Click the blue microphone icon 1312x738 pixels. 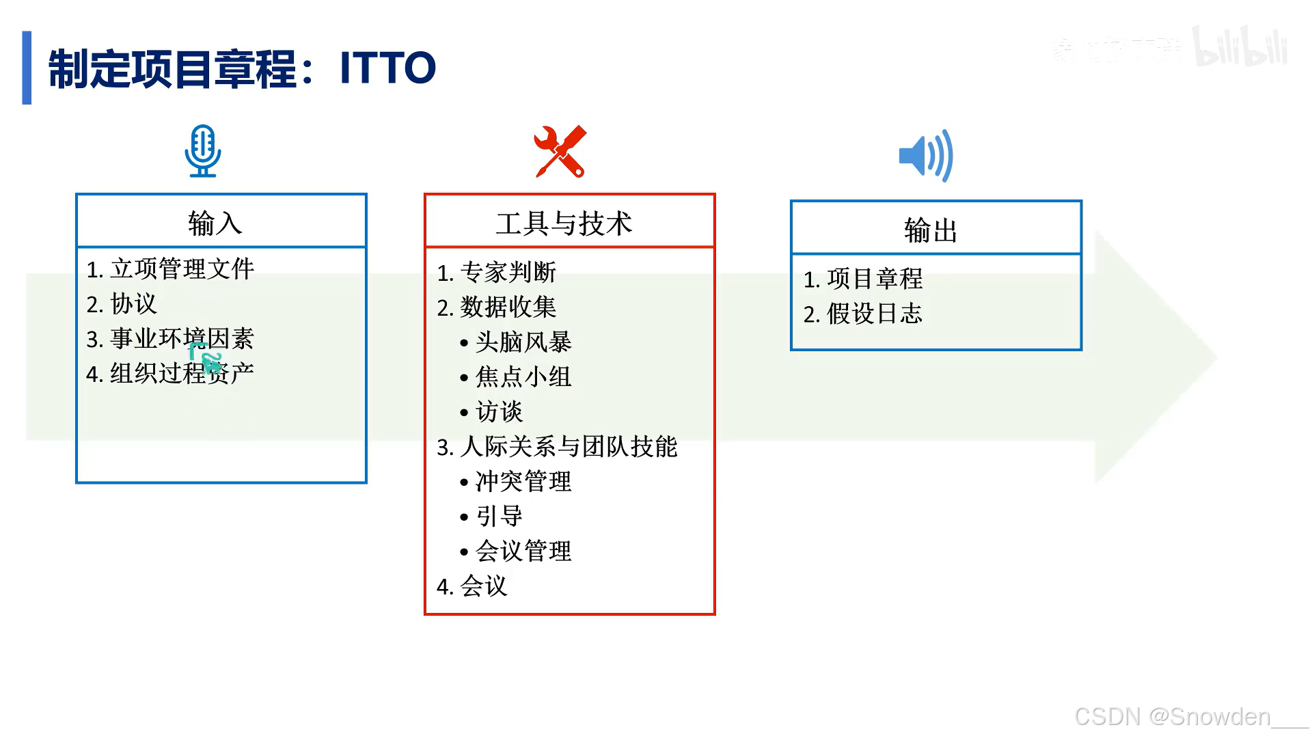click(x=203, y=151)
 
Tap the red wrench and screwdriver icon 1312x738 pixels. click(x=560, y=152)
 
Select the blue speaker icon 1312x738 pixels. click(x=926, y=156)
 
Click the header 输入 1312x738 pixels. click(x=215, y=223)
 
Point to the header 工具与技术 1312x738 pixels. click(x=564, y=223)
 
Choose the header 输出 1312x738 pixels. click(x=931, y=230)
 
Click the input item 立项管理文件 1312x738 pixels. click(x=182, y=269)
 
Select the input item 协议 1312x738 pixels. click(x=134, y=303)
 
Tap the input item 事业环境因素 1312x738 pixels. click(x=182, y=338)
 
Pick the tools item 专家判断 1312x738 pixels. click(x=508, y=272)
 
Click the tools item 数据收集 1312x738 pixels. click(x=508, y=307)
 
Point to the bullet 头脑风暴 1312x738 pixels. click(x=523, y=342)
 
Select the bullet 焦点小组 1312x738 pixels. click(x=523, y=377)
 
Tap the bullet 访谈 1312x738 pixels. click(x=499, y=411)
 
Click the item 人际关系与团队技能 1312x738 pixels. click(x=569, y=446)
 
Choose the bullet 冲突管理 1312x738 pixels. click(x=523, y=481)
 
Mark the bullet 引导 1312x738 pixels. click(x=499, y=516)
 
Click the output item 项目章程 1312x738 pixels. click(x=875, y=279)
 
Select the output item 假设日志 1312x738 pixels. click(x=875, y=314)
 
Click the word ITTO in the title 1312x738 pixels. click(x=387, y=68)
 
